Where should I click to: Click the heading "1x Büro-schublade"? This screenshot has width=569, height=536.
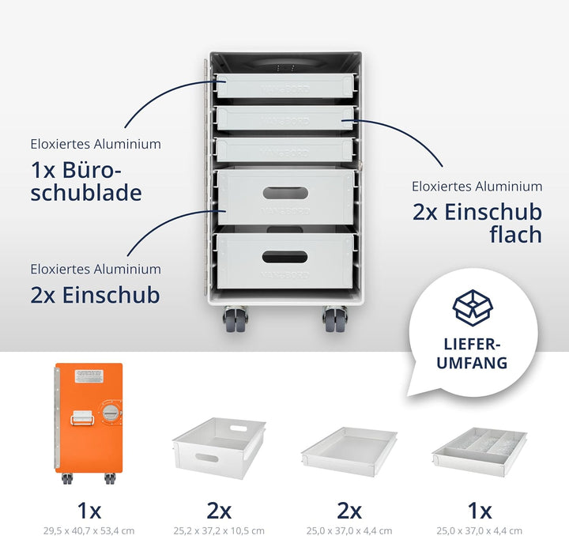pos(86,182)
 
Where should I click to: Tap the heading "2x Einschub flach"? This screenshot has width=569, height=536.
pos(477,223)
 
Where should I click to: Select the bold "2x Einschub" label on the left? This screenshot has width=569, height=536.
pos(95,295)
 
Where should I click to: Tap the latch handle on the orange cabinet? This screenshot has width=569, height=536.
pos(83,417)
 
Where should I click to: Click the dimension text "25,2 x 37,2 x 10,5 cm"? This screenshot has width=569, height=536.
pos(219,530)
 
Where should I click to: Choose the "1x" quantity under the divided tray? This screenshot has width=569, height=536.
pos(478,510)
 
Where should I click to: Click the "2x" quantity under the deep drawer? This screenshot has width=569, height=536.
pos(219,510)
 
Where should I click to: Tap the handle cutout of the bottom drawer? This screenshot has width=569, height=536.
pos(285,256)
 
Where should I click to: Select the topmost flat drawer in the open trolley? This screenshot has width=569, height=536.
pos(284,85)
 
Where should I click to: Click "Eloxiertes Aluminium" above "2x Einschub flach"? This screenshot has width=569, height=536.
pos(477,187)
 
